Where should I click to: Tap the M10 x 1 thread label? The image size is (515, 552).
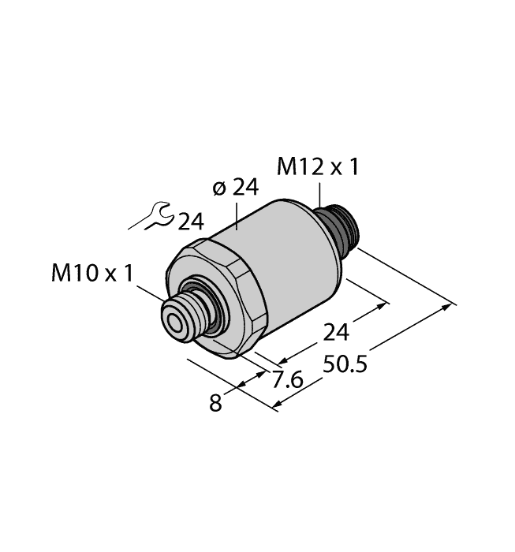[x=93, y=273]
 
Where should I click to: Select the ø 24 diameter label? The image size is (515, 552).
[x=236, y=188]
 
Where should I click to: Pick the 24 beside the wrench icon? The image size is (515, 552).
[x=190, y=222]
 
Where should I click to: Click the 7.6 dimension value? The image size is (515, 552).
[x=287, y=382]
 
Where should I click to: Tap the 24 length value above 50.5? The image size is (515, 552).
[x=336, y=333]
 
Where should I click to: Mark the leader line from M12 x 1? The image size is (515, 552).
[x=319, y=194]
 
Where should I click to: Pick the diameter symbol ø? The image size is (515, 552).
[x=220, y=188]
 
